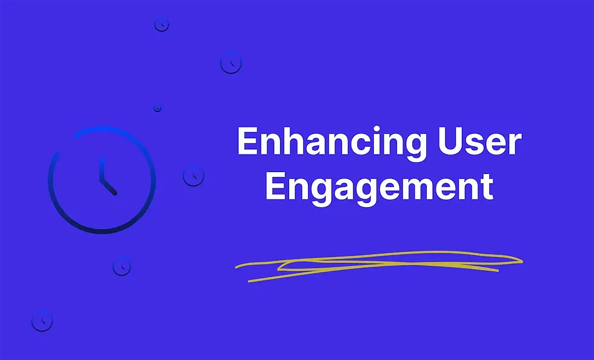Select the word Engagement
pyautogui.click(x=379, y=187)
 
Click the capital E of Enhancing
pyautogui.click(x=246, y=141)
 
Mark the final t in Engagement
pyautogui.click(x=486, y=187)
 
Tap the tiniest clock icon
pyautogui.click(x=158, y=108)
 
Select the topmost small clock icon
pyautogui.click(x=161, y=24)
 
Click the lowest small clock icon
pyautogui.click(x=42, y=320)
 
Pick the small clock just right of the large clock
pyautogui.click(x=193, y=176)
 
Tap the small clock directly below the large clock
pyautogui.click(x=121, y=266)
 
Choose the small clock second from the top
pyautogui.click(x=230, y=62)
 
